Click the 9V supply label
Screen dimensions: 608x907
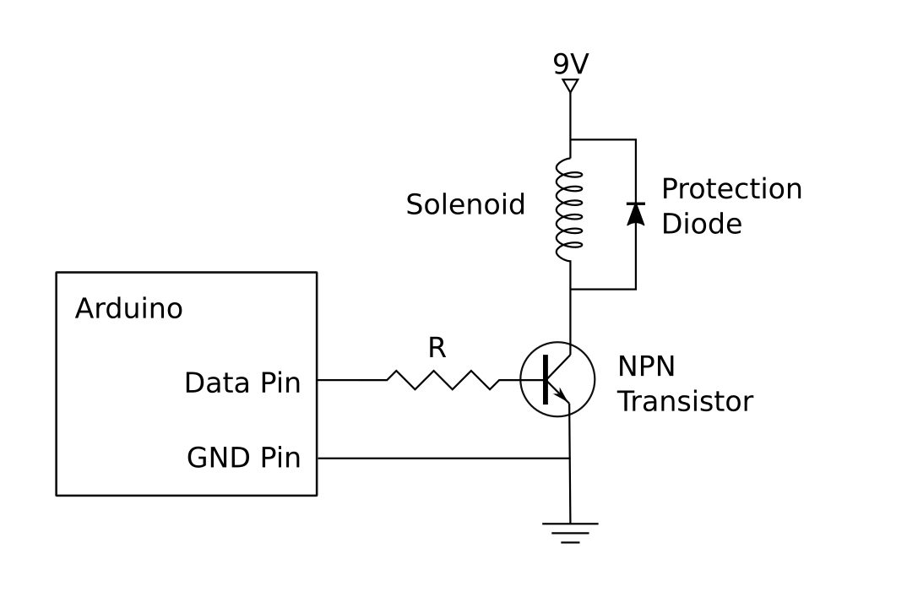[x=570, y=65]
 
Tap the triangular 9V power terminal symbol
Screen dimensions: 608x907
[x=570, y=85]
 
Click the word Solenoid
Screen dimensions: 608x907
[x=465, y=204]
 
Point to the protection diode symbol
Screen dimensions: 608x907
[x=635, y=214]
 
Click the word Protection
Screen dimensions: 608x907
[x=731, y=189]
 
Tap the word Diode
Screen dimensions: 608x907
[x=701, y=225]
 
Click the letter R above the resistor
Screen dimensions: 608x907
[x=437, y=349]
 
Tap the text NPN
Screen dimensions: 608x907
[x=646, y=366]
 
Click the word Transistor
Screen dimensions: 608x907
[x=684, y=401]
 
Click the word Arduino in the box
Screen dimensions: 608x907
[x=128, y=309]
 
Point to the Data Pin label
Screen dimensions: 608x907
[x=242, y=383]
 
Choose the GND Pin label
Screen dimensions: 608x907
[x=243, y=459]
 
